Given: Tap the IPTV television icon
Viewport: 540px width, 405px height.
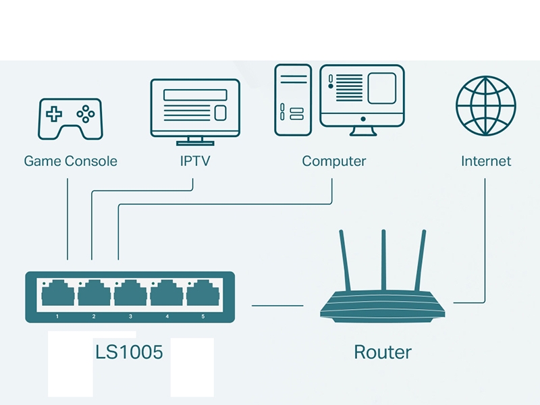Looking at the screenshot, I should coord(195,108).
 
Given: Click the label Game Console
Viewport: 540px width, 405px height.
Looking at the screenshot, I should coord(70,161).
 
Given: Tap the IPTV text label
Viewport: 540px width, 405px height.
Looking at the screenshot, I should coord(194,161).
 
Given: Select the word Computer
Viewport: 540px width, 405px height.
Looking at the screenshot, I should coord(334,161).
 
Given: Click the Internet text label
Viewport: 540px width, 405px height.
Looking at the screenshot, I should coord(486,161).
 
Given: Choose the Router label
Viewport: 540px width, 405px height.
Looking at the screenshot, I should coord(382,352).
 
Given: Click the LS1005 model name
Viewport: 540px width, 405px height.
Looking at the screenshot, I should coord(129,352).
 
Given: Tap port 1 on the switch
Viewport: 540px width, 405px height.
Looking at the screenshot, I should coord(58,294).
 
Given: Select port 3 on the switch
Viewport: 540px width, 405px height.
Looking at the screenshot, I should coord(130,294).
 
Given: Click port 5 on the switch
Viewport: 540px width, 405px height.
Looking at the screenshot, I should coord(203,294).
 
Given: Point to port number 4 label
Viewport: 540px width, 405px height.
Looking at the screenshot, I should coord(167,316).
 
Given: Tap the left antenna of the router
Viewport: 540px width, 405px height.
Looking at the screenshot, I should coord(345,260).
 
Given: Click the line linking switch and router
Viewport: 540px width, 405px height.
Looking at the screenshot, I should coord(277,305).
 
